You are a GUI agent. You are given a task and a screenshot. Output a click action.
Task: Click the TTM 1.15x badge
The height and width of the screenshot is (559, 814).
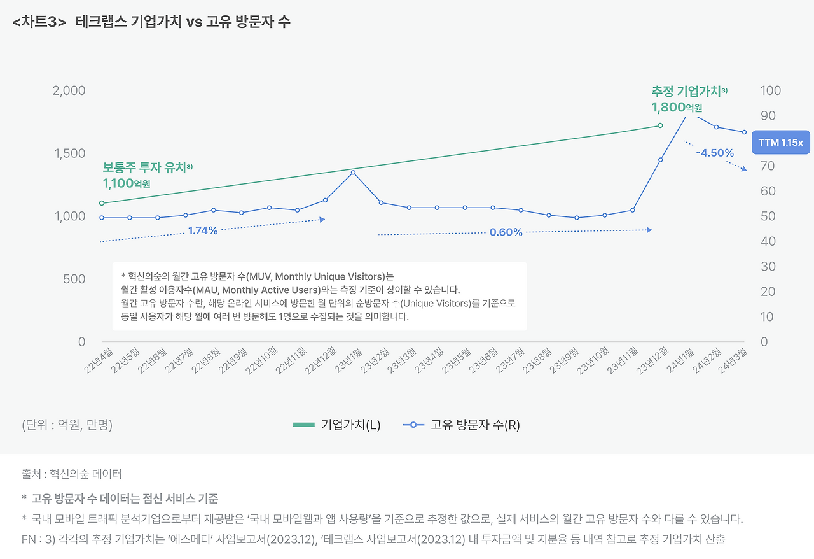coord(780,143)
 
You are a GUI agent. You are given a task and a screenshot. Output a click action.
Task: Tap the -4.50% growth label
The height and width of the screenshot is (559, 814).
coord(715,153)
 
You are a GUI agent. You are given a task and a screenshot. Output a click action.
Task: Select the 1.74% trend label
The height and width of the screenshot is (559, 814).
coord(203,230)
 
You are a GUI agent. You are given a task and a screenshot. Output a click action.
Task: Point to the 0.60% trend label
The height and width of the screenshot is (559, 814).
coord(506,232)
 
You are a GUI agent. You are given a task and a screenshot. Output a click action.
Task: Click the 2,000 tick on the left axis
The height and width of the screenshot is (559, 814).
coord(68,90)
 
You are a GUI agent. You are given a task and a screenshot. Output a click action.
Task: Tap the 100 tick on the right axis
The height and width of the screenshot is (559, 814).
coord(770,90)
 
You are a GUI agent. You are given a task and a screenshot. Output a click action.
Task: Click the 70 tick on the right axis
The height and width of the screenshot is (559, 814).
coord(768,166)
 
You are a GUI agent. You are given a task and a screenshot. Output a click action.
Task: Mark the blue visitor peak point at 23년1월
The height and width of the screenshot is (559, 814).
coord(353,173)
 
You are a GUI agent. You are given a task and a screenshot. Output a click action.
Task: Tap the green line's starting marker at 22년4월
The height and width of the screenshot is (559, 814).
coord(102,203)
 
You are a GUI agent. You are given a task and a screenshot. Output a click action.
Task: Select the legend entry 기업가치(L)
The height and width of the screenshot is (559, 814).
coord(337,425)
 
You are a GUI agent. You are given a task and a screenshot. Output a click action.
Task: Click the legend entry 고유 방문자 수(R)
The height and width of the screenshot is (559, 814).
coord(462,425)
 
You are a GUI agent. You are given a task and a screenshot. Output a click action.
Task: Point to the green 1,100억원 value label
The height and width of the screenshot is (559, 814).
coord(127,183)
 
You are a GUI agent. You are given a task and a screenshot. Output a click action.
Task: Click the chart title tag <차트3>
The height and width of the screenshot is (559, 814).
coord(39,22)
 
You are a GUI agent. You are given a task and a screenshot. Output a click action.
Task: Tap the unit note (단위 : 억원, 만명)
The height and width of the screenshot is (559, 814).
coord(67,425)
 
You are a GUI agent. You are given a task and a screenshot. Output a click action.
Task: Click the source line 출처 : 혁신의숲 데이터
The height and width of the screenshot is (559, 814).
coord(71,474)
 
